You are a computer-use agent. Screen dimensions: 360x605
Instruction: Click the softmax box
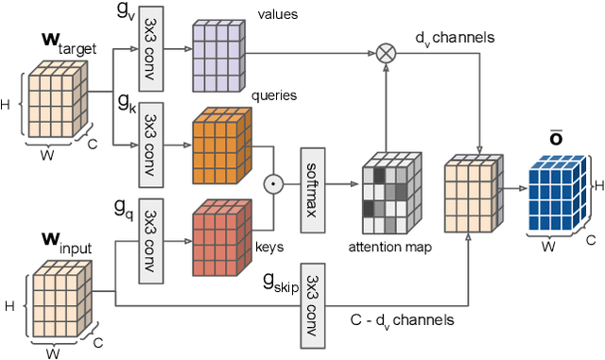click(x=313, y=177)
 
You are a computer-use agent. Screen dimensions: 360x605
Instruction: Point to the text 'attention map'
click(x=391, y=247)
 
